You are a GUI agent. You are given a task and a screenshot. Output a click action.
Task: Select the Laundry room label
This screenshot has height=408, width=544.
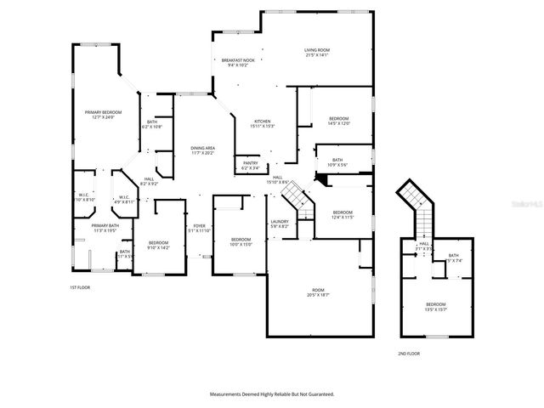pos(280,224)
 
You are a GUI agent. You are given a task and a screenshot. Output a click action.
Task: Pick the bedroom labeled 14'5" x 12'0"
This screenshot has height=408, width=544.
pos(338,121)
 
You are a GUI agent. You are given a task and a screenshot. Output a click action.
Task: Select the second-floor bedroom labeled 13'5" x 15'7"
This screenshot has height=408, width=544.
pos(435,306)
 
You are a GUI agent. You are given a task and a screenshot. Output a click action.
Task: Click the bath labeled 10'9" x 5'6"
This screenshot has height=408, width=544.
pos(337,162)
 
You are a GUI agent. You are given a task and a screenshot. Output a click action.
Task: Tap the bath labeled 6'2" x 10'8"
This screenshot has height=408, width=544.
pos(152,124)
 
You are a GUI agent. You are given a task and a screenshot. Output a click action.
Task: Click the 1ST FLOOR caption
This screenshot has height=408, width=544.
pos(80,287)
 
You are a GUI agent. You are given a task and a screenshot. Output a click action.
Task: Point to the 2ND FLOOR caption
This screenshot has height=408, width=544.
pos(408,353)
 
